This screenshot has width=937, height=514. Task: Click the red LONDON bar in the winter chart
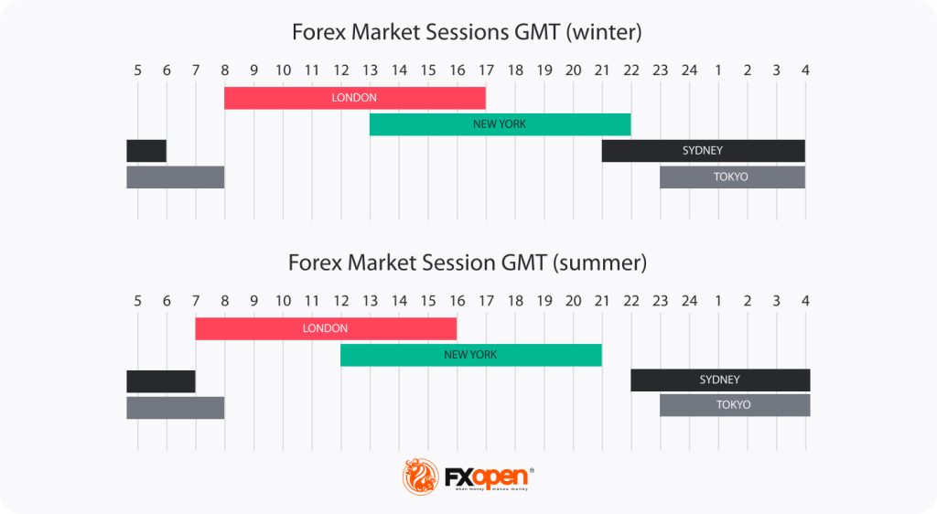pos(275,98)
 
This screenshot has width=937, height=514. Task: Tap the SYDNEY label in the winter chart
pos(702,150)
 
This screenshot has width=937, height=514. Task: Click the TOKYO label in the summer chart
pos(733,404)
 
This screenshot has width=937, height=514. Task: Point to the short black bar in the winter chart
pos(146,150)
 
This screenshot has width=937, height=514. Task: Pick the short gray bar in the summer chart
pos(175,407)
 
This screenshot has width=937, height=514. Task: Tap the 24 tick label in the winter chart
pos(689,70)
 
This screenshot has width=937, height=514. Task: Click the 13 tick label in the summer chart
pos(370,301)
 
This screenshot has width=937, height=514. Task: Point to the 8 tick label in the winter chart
pos(224,70)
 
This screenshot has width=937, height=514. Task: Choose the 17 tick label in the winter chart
pos(486,70)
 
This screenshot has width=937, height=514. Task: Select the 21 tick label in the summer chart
pos(602,301)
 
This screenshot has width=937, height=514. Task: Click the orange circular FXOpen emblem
pos(421,477)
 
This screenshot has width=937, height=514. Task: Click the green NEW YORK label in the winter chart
pos(500,124)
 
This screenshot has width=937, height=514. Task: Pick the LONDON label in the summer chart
pos(325,328)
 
